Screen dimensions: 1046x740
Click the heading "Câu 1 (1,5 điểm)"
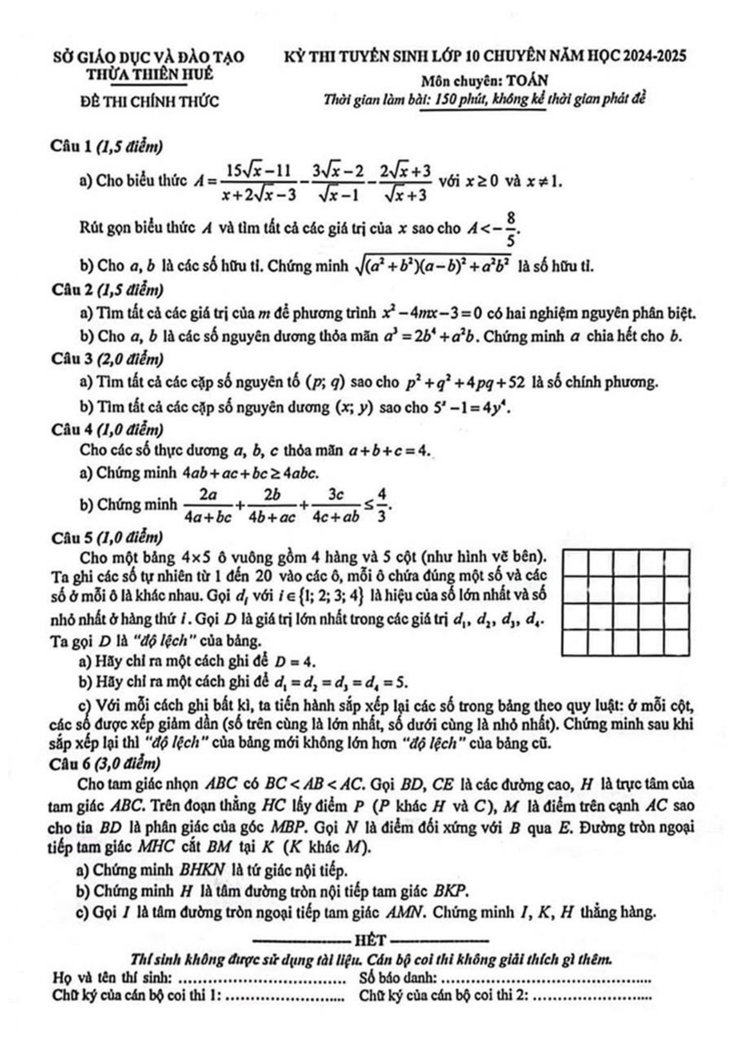[x=107, y=146]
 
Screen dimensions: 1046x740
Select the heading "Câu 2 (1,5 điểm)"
[x=107, y=290]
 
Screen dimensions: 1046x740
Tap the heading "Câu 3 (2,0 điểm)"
[x=107, y=359]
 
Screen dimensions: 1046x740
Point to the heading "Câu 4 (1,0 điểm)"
[x=107, y=429]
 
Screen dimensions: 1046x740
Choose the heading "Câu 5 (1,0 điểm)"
[x=107, y=537]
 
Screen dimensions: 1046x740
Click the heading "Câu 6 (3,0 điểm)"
[x=107, y=763]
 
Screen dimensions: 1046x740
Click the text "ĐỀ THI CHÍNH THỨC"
[x=150, y=101]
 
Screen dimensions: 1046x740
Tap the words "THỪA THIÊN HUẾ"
[x=150, y=75]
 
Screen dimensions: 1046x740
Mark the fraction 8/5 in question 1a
[x=510, y=228]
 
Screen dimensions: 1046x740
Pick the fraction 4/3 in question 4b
[x=382, y=505]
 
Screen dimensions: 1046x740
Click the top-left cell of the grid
[x=575, y=564]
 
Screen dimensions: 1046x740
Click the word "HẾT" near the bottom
[x=370, y=940]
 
